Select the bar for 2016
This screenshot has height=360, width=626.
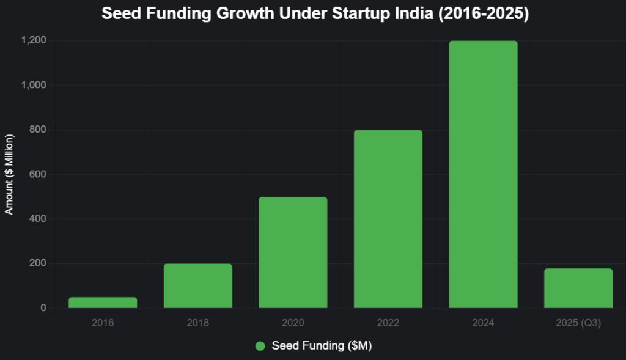[x=103, y=303]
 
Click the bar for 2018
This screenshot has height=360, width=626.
[x=197, y=286]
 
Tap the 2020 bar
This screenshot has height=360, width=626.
[x=293, y=252]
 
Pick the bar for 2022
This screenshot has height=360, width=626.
[x=388, y=219]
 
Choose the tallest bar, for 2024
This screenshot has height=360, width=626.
[x=483, y=174]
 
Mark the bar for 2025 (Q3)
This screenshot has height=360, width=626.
[x=578, y=288]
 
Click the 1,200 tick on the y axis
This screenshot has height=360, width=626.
[x=34, y=40]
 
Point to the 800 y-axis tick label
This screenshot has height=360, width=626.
[x=39, y=130]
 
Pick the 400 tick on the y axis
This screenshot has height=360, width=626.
[x=39, y=219]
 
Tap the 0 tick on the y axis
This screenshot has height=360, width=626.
[x=43, y=308]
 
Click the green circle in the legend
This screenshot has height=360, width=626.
[x=260, y=346]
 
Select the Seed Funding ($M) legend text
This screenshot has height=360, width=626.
[x=322, y=346]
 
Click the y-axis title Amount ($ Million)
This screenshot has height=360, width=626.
[x=9, y=174]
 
